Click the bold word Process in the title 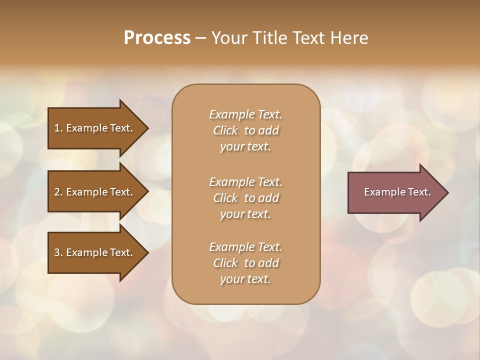(157, 37)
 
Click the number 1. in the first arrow (58, 128)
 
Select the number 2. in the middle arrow (58, 192)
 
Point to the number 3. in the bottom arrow (58, 252)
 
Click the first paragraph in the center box (245, 130)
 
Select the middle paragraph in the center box (245, 198)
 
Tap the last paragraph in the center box (245, 263)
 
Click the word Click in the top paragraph (225, 130)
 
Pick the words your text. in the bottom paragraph (245, 279)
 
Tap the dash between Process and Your (201, 38)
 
